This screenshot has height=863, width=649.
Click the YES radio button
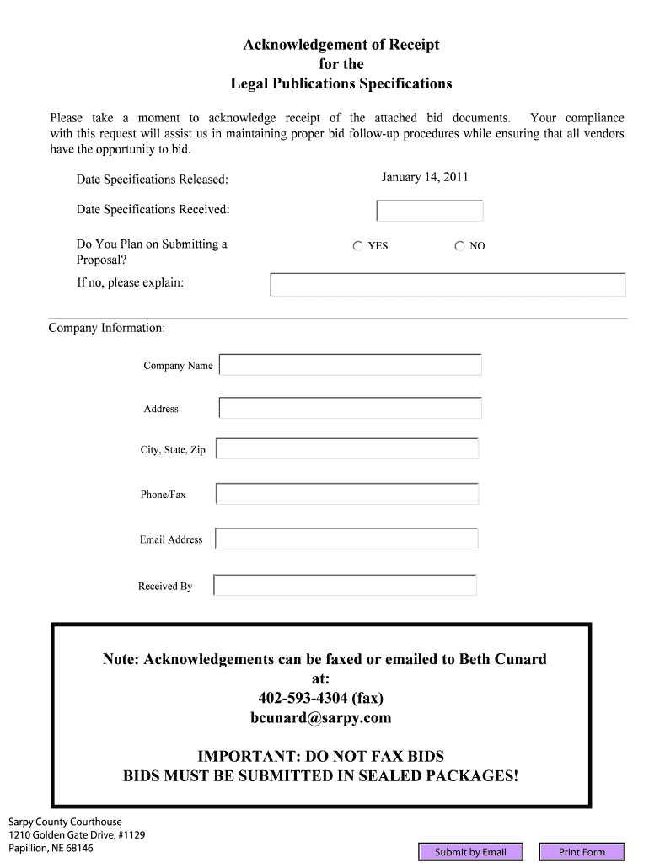click(x=358, y=246)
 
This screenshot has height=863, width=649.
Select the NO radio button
click(x=459, y=246)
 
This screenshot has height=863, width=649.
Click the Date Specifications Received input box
click(x=430, y=211)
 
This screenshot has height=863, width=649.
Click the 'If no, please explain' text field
click(x=448, y=285)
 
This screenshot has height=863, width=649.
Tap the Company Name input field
click(x=351, y=365)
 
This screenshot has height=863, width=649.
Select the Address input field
click(x=351, y=408)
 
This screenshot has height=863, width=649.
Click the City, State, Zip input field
click(x=347, y=448)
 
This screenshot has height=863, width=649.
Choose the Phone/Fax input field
click(x=347, y=494)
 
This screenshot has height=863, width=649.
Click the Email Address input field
click(x=346, y=539)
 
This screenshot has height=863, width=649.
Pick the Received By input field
click(x=346, y=585)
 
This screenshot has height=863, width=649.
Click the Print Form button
click(x=582, y=852)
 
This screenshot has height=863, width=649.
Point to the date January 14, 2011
click(x=425, y=177)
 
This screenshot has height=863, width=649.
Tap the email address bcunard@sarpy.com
click(x=321, y=718)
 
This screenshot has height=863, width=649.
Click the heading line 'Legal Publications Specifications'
click(x=341, y=83)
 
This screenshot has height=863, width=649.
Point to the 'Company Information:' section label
click(x=107, y=327)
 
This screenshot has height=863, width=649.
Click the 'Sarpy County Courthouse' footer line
click(x=65, y=822)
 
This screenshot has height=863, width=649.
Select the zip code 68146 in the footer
click(x=79, y=848)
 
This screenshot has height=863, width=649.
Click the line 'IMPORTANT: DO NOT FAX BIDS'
click(x=320, y=756)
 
